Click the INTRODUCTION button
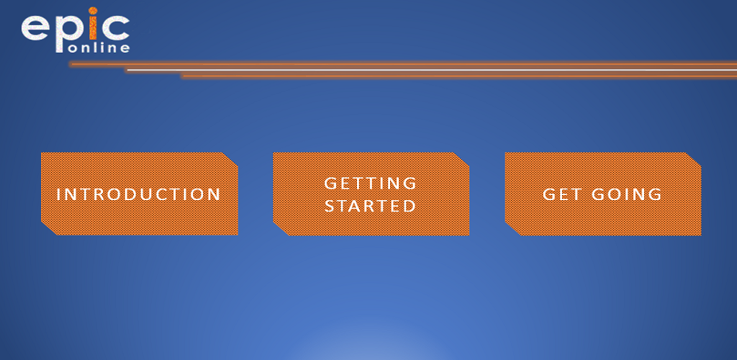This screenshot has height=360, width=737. tap(140, 194)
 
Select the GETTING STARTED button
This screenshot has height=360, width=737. tap(371, 194)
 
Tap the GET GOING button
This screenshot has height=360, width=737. tap(603, 194)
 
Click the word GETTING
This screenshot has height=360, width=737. tap(371, 183)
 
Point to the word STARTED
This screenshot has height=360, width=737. tap(371, 206)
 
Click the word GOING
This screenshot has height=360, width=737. tap(627, 194)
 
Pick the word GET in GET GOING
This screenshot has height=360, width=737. tap(562, 194)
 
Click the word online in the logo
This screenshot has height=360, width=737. tap(99, 48)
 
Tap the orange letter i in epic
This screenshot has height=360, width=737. tap(93, 24)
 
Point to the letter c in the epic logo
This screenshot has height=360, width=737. tap(114, 27)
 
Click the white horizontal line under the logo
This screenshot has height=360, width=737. tap(432, 70)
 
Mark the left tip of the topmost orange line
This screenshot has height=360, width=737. tap(70, 64)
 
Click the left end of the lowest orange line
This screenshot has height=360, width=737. tap(182, 76)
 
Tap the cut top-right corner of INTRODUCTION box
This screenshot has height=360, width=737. tap(230, 159)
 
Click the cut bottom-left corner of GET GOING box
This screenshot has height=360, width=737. tap(513, 228)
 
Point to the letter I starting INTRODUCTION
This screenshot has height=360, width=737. tap(58, 194)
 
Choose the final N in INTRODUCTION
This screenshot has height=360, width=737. tap(214, 194)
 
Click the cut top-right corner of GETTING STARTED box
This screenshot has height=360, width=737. tap(461, 159)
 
